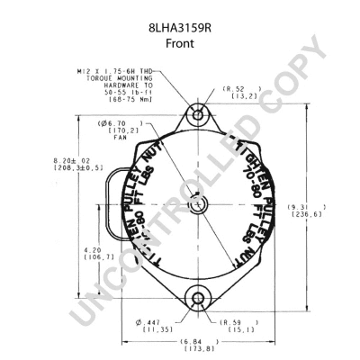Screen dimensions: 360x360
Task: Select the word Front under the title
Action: click(x=180, y=29)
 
